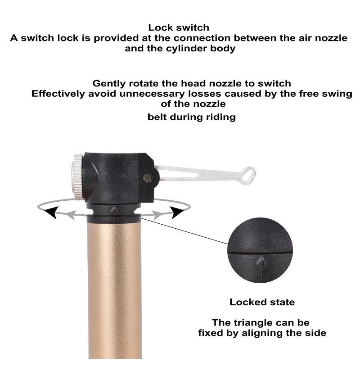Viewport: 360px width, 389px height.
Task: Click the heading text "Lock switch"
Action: [179, 27]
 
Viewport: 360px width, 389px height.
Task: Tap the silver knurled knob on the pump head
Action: [77, 177]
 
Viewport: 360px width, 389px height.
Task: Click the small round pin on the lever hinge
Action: [148, 178]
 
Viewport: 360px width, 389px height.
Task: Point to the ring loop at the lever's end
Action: [248, 176]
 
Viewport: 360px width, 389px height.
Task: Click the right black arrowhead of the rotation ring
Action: [177, 213]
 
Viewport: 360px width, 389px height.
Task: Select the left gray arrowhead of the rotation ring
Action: [71, 215]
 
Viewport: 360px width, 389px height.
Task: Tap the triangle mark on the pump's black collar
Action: [113, 210]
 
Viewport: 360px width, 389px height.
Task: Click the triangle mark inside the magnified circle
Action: [261, 262]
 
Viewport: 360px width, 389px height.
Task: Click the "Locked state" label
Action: [262, 302]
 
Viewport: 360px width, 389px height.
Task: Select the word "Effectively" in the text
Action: [58, 94]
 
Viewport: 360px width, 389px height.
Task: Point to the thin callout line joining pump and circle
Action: [184, 231]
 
